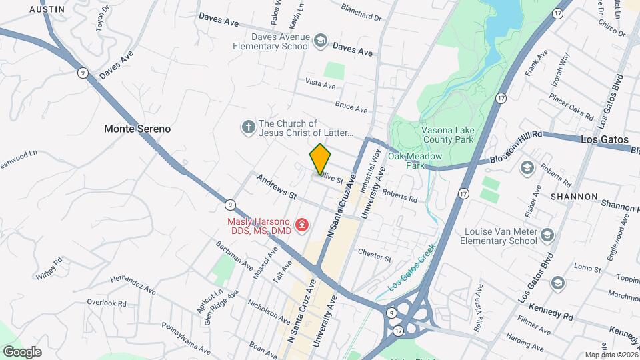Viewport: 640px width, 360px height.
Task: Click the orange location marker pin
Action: point(321,159)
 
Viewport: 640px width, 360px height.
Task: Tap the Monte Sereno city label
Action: point(137,129)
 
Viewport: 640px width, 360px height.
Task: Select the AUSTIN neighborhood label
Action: point(47,9)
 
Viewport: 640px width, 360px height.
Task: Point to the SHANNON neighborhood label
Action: point(574,197)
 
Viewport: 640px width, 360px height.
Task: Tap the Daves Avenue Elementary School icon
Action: point(321,41)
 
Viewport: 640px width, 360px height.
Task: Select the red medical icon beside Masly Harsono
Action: point(303,226)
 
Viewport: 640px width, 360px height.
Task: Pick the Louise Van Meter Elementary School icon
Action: point(547,235)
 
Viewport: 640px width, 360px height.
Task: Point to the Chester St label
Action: point(374,253)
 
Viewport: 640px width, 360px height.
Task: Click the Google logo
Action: point(22,351)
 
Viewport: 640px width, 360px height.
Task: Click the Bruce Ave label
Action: point(351,107)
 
